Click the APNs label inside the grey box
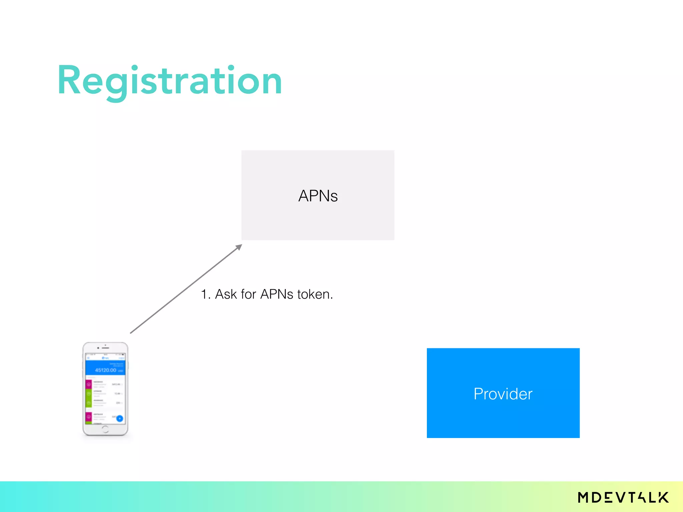(318, 196)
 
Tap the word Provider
(503, 394)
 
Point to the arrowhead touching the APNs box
(239, 247)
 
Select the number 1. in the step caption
(205, 294)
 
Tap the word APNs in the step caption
(276, 294)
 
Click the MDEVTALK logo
(623, 497)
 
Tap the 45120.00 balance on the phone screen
(106, 370)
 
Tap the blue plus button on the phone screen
(120, 418)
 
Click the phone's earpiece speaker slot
(105, 348)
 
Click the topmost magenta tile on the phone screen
(89, 384)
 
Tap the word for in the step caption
(248, 294)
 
